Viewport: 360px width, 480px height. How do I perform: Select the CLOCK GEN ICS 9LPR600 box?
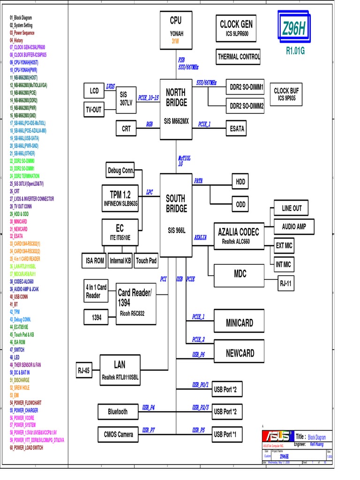(x=236, y=28)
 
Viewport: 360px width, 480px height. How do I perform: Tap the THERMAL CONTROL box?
(x=239, y=57)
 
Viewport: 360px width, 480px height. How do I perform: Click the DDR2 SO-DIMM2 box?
(x=247, y=106)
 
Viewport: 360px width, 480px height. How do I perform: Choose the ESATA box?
(x=237, y=128)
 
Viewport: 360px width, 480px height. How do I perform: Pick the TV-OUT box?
(x=93, y=110)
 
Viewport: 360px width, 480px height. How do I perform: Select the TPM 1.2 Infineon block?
(x=120, y=198)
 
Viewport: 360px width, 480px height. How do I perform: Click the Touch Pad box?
(x=146, y=261)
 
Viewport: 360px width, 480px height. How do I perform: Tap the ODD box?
(x=240, y=204)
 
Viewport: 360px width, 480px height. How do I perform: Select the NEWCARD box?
(x=240, y=353)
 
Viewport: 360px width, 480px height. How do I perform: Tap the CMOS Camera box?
(x=119, y=435)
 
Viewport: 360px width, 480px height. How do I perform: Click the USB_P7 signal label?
(x=149, y=430)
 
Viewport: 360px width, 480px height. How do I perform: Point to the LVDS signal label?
(x=110, y=86)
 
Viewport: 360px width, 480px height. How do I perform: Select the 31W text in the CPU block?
(x=176, y=41)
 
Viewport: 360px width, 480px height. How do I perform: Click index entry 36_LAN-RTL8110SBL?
(x=27, y=266)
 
